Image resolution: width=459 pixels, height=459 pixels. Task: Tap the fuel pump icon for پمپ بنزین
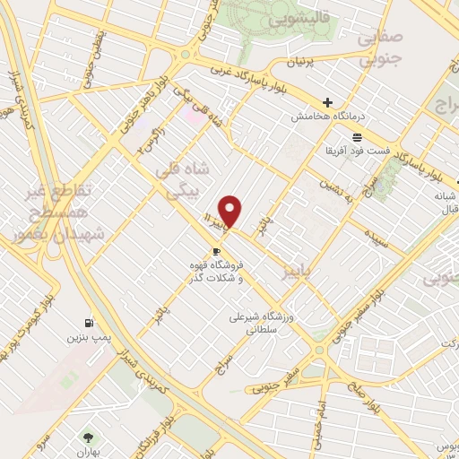pyautogui.click(x=87, y=323)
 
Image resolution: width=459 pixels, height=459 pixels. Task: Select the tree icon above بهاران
pyautogui.click(x=88, y=437)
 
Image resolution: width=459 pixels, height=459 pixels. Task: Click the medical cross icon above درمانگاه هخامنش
pyautogui.click(x=328, y=103)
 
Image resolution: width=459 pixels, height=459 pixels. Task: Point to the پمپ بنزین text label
pyautogui.click(x=87, y=338)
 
